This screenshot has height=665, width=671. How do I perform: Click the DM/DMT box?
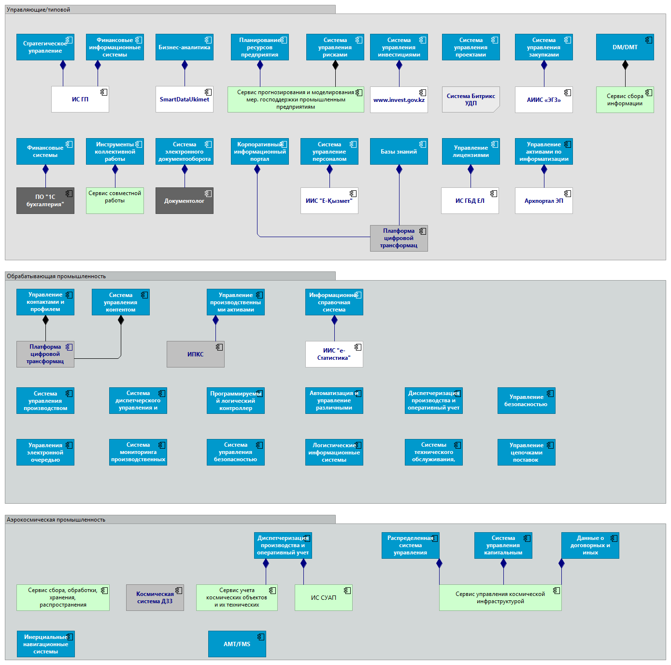(625, 47)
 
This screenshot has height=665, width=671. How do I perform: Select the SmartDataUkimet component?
(184, 99)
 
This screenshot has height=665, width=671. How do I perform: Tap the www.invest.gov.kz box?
(399, 100)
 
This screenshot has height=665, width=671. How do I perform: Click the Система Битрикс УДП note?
(471, 99)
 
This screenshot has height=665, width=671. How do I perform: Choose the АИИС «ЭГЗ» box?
(543, 100)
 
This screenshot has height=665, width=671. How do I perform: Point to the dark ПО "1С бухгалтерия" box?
(45, 200)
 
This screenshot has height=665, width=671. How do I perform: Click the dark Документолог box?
(184, 200)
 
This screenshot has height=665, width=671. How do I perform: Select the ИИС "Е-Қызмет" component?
(329, 200)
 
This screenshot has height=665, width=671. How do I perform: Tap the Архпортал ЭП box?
(543, 200)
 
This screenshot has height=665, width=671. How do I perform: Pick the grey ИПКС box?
(195, 354)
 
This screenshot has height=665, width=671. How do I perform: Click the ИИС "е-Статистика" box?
(334, 354)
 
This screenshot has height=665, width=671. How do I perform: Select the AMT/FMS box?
(237, 644)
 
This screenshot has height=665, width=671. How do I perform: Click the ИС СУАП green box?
(323, 597)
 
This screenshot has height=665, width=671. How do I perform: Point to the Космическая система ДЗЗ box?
(155, 597)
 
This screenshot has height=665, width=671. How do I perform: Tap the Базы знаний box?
(399, 152)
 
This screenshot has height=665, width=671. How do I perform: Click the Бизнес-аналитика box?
(184, 47)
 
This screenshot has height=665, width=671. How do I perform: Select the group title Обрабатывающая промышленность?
(57, 276)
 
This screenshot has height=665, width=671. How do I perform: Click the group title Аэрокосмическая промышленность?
(56, 520)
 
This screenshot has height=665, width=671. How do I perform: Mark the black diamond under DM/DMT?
(625, 65)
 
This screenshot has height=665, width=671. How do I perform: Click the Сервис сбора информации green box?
(625, 100)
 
